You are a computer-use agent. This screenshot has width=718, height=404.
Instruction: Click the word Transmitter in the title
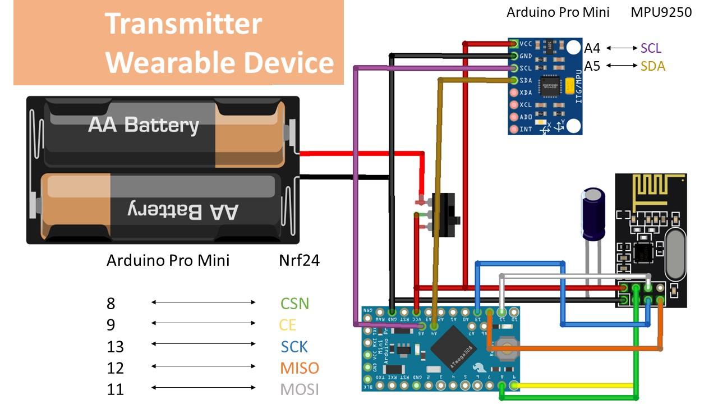[183, 24]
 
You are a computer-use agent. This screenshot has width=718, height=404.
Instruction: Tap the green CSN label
[294, 304]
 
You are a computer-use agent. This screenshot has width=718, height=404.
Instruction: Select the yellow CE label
[287, 325]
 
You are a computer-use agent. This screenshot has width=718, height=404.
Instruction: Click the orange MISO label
[300, 368]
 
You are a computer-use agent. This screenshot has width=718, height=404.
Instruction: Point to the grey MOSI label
[300, 389]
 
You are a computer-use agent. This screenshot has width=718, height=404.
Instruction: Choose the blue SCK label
[294, 347]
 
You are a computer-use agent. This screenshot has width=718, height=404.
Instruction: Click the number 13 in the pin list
[115, 347]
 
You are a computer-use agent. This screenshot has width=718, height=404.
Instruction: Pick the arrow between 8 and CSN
[203, 302]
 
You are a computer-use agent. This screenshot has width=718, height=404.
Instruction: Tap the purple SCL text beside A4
[651, 48]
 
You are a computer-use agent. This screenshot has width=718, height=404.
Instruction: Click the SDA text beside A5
[652, 66]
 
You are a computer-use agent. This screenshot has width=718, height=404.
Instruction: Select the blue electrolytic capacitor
[593, 213]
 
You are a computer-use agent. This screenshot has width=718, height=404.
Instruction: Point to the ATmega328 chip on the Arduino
[453, 345]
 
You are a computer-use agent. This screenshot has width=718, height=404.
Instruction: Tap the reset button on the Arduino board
[507, 347]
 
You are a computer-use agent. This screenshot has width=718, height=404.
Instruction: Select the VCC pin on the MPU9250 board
[513, 44]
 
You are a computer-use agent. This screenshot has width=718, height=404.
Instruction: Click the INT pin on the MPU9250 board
[513, 130]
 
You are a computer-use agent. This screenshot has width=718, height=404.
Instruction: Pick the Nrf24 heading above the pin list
[299, 261]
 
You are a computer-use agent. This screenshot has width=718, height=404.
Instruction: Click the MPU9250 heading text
[661, 12]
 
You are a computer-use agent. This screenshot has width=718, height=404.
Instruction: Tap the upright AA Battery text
[143, 125]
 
